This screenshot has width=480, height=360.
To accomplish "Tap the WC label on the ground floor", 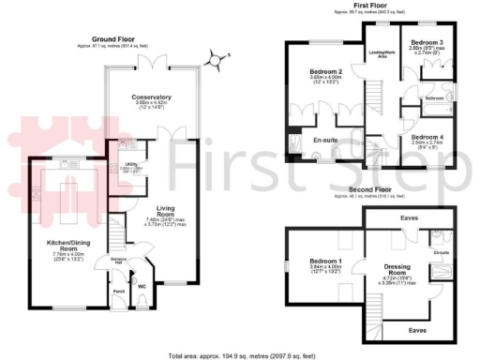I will (x=142, y=285).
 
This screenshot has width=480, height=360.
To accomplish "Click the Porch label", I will (x=118, y=292).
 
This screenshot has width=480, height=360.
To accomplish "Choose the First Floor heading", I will (x=370, y=5).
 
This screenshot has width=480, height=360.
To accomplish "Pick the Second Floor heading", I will (x=370, y=189).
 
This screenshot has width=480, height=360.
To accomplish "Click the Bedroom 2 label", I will (x=325, y=71).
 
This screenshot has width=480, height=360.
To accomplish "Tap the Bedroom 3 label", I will (x=427, y=42).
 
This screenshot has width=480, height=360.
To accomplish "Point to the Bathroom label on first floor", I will (x=433, y=97).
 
